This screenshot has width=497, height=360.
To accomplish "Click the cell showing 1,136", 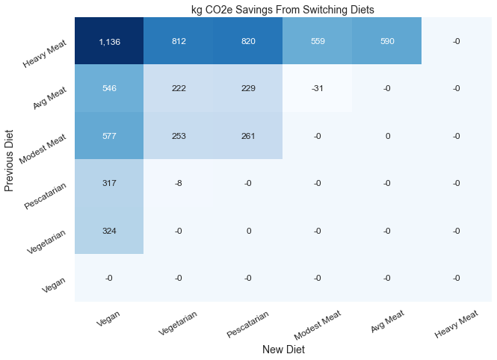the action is coord(109,41).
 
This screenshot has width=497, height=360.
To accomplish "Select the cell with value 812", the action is coord(179,41).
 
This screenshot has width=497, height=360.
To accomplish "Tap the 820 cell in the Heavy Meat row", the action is coord(248,41).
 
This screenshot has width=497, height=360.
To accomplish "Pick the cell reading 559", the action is coord(318,41).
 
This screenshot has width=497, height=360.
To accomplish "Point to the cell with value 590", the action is coord(386,41).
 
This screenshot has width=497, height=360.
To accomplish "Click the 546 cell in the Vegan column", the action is coord(109,88).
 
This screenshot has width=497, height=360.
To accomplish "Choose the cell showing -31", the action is coord(318,88).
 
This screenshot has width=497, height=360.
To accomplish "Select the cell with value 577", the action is coord(109,135).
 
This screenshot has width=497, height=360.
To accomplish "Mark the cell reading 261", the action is coord(248,135).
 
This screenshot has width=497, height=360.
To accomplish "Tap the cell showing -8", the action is coord(179,183).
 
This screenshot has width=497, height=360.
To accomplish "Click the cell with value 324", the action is coord(109,231).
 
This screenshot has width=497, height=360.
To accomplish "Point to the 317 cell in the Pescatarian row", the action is coord(109,183).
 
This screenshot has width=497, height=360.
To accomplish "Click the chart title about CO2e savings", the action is coord(283,10).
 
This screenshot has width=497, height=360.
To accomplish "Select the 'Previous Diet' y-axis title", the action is coord(9,161).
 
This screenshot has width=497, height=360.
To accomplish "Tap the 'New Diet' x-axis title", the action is coord(283,350).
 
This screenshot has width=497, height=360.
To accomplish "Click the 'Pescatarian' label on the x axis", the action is coord(247,323).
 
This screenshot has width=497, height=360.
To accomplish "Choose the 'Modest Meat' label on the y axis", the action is coord(43,149).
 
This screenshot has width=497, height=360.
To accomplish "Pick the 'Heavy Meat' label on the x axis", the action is coord(456,324).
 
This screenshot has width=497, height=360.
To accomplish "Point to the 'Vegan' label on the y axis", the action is coord(54,285).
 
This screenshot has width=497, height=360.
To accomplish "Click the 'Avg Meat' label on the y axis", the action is coord(50,98).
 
